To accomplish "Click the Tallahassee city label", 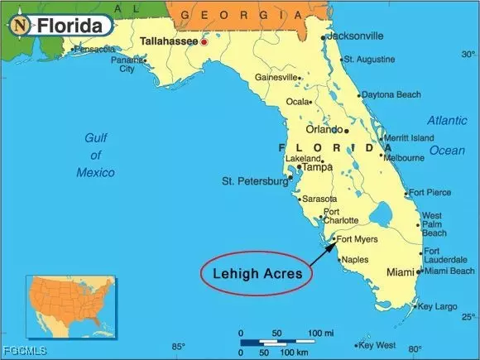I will (x=169, y=41).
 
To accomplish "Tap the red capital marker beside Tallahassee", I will (x=204, y=41).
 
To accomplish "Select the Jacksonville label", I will (x=355, y=36).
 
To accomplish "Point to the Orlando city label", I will (x=324, y=130).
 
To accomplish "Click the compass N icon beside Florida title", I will (x=19, y=26).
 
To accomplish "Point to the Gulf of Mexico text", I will (x=95, y=155).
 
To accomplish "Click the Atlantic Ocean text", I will (x=447, y=135).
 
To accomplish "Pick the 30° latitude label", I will (x=468, y=55).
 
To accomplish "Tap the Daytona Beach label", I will (x=391, y=95).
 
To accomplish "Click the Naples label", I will (x=353, y=260).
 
